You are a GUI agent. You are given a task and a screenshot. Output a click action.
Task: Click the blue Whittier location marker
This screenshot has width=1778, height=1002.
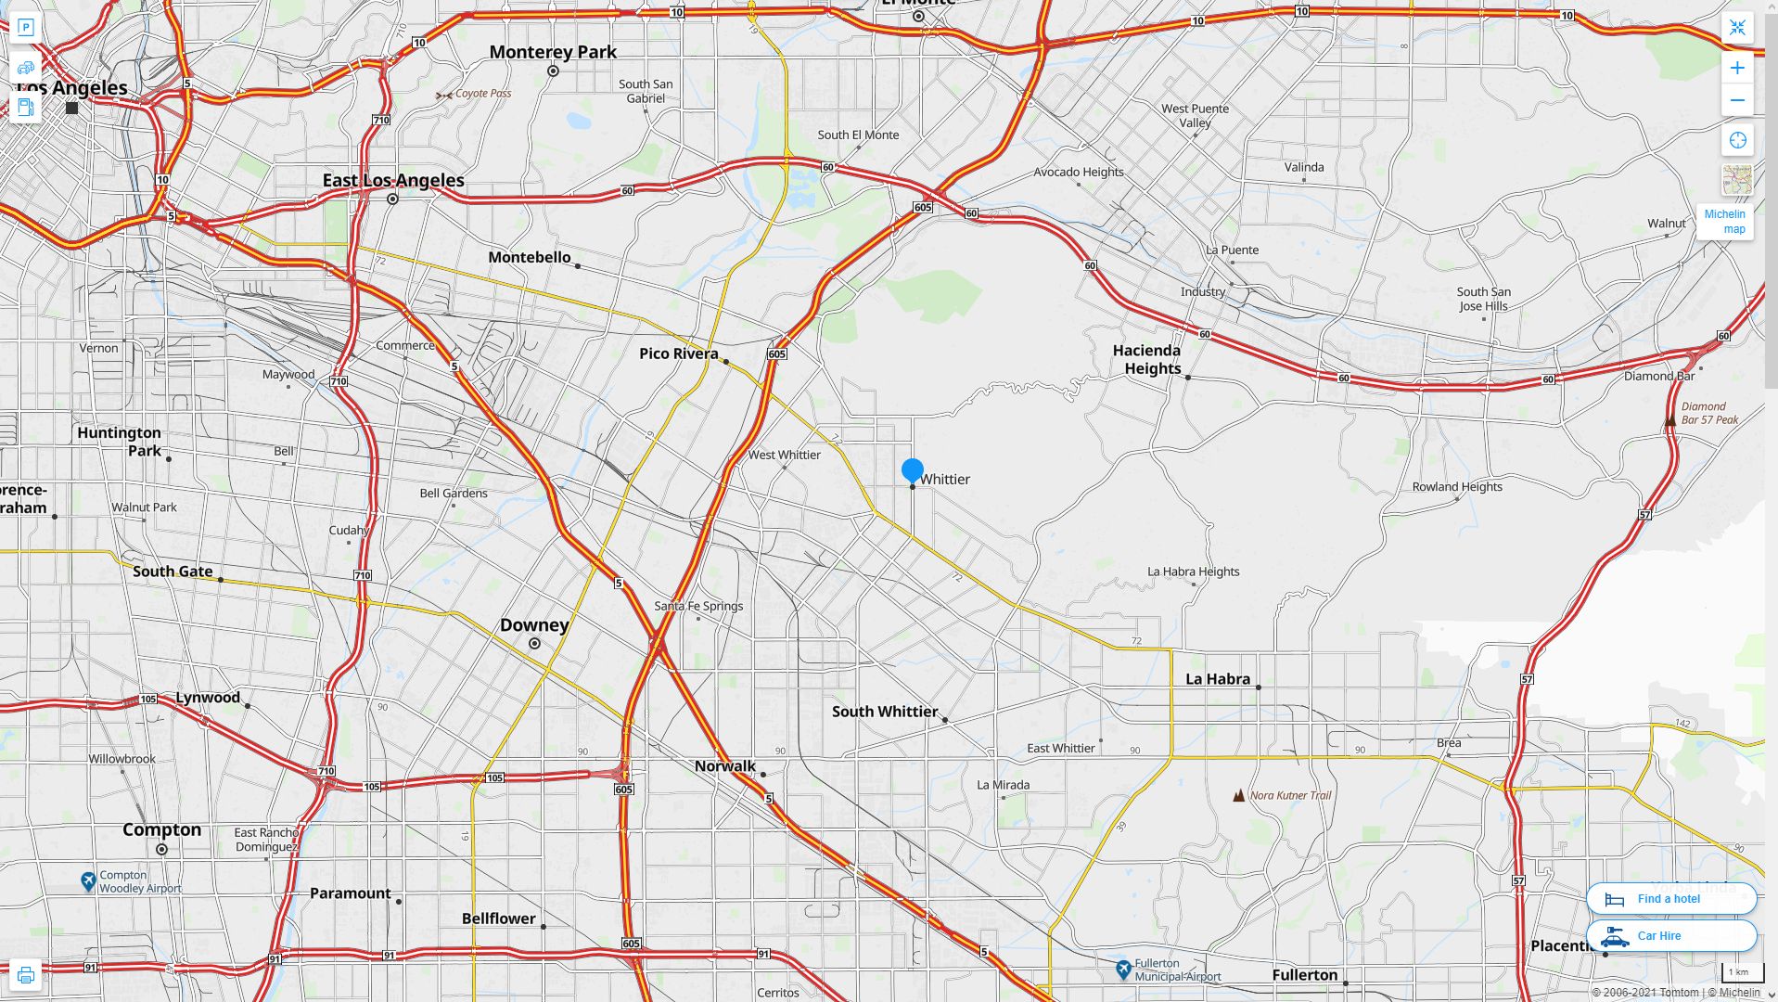(x=912, y=470)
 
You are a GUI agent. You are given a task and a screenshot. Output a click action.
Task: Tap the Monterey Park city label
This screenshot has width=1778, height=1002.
(x=553, y=52)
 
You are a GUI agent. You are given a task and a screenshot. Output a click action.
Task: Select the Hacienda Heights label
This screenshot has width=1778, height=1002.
(x=1147, y=359)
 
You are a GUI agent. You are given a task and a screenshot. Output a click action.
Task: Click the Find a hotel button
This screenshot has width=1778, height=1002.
(x=1670, y=898)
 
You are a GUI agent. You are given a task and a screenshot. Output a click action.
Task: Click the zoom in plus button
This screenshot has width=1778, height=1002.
(x=1737, y=68)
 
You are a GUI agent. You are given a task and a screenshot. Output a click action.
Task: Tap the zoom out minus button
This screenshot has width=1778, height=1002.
(x=1737, y=100)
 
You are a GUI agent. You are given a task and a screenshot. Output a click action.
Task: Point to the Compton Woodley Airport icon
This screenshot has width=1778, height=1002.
(x=88, y=880)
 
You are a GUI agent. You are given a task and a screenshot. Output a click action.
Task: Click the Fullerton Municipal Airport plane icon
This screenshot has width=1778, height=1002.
(x=1123, y=970)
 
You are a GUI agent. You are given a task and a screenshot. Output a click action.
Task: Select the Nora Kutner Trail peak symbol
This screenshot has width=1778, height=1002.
(x=1238, y=795)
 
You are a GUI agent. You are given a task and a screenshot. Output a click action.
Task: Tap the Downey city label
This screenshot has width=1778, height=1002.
(x=534, y=625)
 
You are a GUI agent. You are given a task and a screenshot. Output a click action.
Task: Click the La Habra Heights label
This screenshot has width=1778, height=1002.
(x=1193, y=572)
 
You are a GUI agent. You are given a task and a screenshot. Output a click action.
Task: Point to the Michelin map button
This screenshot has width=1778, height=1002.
(x=1725, y=221)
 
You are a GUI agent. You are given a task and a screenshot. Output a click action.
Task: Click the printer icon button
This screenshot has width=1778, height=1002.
(x=26, y=974)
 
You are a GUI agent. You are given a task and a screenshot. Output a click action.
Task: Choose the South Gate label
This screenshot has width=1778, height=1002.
(x=173, y=572)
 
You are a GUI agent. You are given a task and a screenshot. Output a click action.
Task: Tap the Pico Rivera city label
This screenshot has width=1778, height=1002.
(x=678, y=353)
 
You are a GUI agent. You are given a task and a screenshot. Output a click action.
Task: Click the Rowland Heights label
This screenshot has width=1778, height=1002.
(x=1456, y=486)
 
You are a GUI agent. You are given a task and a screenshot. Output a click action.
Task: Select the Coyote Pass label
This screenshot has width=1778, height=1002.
(x=482, y=94)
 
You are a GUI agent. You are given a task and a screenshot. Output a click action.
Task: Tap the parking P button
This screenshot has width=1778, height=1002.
(x=26, y=27)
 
